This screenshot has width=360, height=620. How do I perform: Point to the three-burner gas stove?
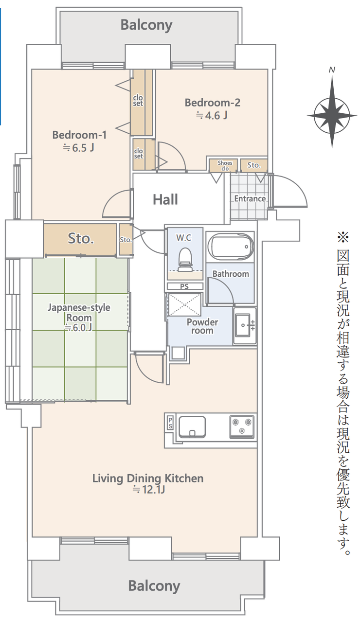coord(242,426)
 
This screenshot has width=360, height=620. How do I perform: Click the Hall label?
coord(165,199)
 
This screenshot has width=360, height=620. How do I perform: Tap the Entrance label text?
coord(250,198)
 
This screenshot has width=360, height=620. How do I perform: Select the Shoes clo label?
coord(225,165)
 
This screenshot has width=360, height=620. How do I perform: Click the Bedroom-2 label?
coord(213,103)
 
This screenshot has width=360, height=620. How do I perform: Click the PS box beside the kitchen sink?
coord(170,423)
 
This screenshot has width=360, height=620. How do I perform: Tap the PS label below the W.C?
coord(184,286)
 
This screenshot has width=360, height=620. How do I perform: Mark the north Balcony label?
coord(146,25)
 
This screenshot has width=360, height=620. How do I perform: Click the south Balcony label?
coord(154,586)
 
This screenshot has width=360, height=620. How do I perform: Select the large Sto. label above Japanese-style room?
coord(81,239)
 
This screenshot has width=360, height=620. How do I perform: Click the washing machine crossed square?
coord(184,305)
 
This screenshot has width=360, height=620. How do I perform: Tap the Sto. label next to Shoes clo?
coord(254,165)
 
